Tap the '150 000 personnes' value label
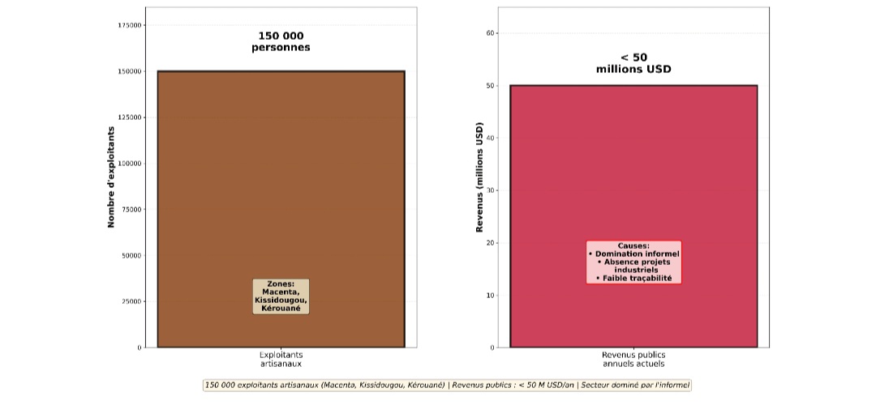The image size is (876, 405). click(x=281, y=41)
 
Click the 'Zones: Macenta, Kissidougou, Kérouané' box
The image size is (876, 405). click(x=281, y=296)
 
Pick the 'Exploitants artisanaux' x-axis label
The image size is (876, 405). click(x=281, y=360)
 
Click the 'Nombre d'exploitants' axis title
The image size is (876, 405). click(x=111, y=177)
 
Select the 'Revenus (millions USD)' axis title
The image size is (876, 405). click(x=479, y=178)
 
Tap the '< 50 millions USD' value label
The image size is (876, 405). click(x=633, y=63)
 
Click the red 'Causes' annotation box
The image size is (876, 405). click(x=633, y=262)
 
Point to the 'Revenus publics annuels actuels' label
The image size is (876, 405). click(x=633, y=360)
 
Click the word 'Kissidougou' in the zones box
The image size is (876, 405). click(x=281, y=301)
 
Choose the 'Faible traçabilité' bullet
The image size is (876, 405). click(x=633, y=278)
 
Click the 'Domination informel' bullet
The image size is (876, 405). click(x=633, y=254)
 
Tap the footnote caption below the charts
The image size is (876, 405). click(x=447, y=386)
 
